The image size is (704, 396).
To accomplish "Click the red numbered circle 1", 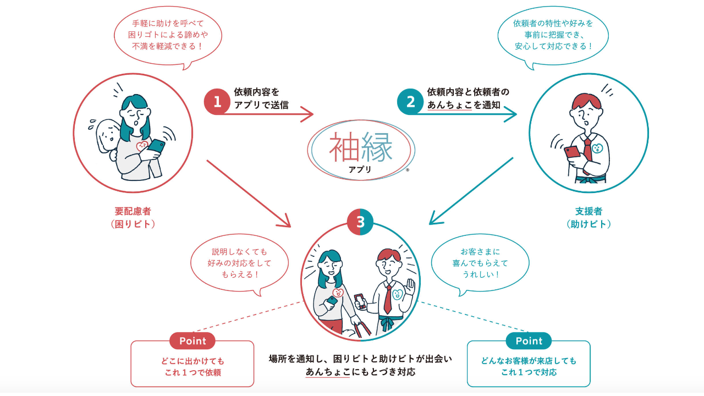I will click(217, 102).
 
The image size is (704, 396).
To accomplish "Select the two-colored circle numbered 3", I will click(360, 222).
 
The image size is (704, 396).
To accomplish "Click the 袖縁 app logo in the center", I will click(361, 150).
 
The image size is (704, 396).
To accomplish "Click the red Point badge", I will click(193, 341).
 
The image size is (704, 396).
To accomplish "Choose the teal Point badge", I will click(529, 341).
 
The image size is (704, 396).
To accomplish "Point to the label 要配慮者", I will click(133, 211).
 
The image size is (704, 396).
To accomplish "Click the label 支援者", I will click(588, 211).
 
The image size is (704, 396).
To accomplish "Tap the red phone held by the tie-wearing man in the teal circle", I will click(572, 152).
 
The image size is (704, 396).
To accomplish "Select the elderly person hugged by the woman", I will click(106, 137).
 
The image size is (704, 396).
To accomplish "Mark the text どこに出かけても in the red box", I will click(193, 361).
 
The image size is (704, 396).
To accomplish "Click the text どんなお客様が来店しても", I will click(529, 361).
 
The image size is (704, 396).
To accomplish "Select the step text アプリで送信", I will click(261, 105).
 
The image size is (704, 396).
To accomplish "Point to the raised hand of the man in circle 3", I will click(409, 287).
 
